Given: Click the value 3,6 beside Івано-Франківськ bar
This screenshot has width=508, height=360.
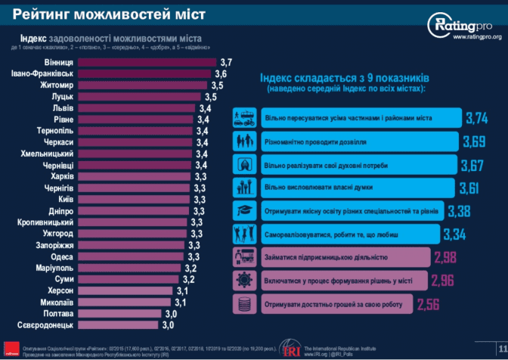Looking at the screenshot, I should click(221, 74).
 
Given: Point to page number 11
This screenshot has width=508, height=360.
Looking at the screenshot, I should click(501, 349).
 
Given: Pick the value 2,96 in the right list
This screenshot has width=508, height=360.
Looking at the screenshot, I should click(442, 281).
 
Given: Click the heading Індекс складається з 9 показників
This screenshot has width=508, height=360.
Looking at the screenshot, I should click(345, 78).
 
